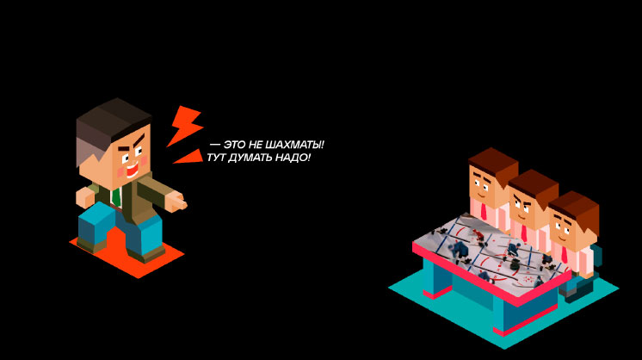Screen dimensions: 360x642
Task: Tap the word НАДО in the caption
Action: (x=293, y=158)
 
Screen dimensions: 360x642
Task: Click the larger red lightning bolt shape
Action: (x=184, y=125)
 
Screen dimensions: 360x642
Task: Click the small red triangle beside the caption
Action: (x=189, y=158)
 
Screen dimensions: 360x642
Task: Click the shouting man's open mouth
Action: (x=131, y=171)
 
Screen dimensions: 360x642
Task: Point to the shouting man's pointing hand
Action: (x=176, y=202)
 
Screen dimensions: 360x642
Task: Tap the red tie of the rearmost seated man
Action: (x=484, y=210)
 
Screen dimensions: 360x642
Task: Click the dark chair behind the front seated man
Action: (x=595, y=258)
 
